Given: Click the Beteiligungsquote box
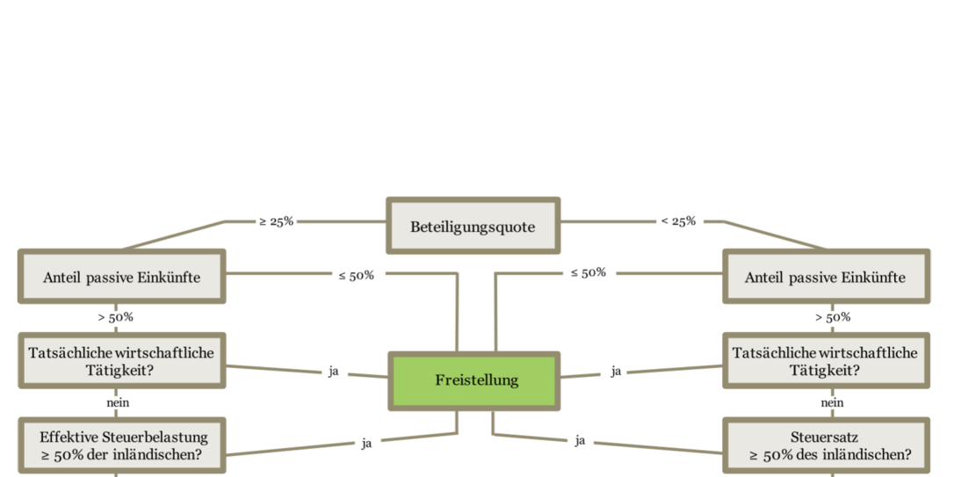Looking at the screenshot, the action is (473, 225).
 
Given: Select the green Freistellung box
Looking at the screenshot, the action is (474, 381).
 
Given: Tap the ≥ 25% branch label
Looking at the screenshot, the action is (276, 221).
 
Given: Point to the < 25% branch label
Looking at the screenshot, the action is (678, 221).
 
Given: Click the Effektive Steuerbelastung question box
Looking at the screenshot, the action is (122, 446).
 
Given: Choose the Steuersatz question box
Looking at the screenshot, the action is (827, 446).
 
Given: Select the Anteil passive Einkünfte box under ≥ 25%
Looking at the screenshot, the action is (122, 276).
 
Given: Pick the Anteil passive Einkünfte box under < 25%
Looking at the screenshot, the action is (827, 276).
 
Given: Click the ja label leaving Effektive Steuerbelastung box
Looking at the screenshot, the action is (366, 444).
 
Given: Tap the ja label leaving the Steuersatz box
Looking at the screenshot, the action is (581, 440).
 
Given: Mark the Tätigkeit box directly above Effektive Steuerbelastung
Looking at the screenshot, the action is (122, 360).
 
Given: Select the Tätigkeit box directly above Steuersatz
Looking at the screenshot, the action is (827, 360).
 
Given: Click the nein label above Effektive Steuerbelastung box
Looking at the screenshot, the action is (118, 403).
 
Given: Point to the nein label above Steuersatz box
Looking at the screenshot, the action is (832, 403).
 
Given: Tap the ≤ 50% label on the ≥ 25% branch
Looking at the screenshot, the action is (357, 275).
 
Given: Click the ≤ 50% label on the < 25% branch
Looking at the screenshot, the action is (589, 272).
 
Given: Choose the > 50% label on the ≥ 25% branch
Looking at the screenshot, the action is (116, 317).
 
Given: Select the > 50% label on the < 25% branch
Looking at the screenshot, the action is (833, 317).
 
